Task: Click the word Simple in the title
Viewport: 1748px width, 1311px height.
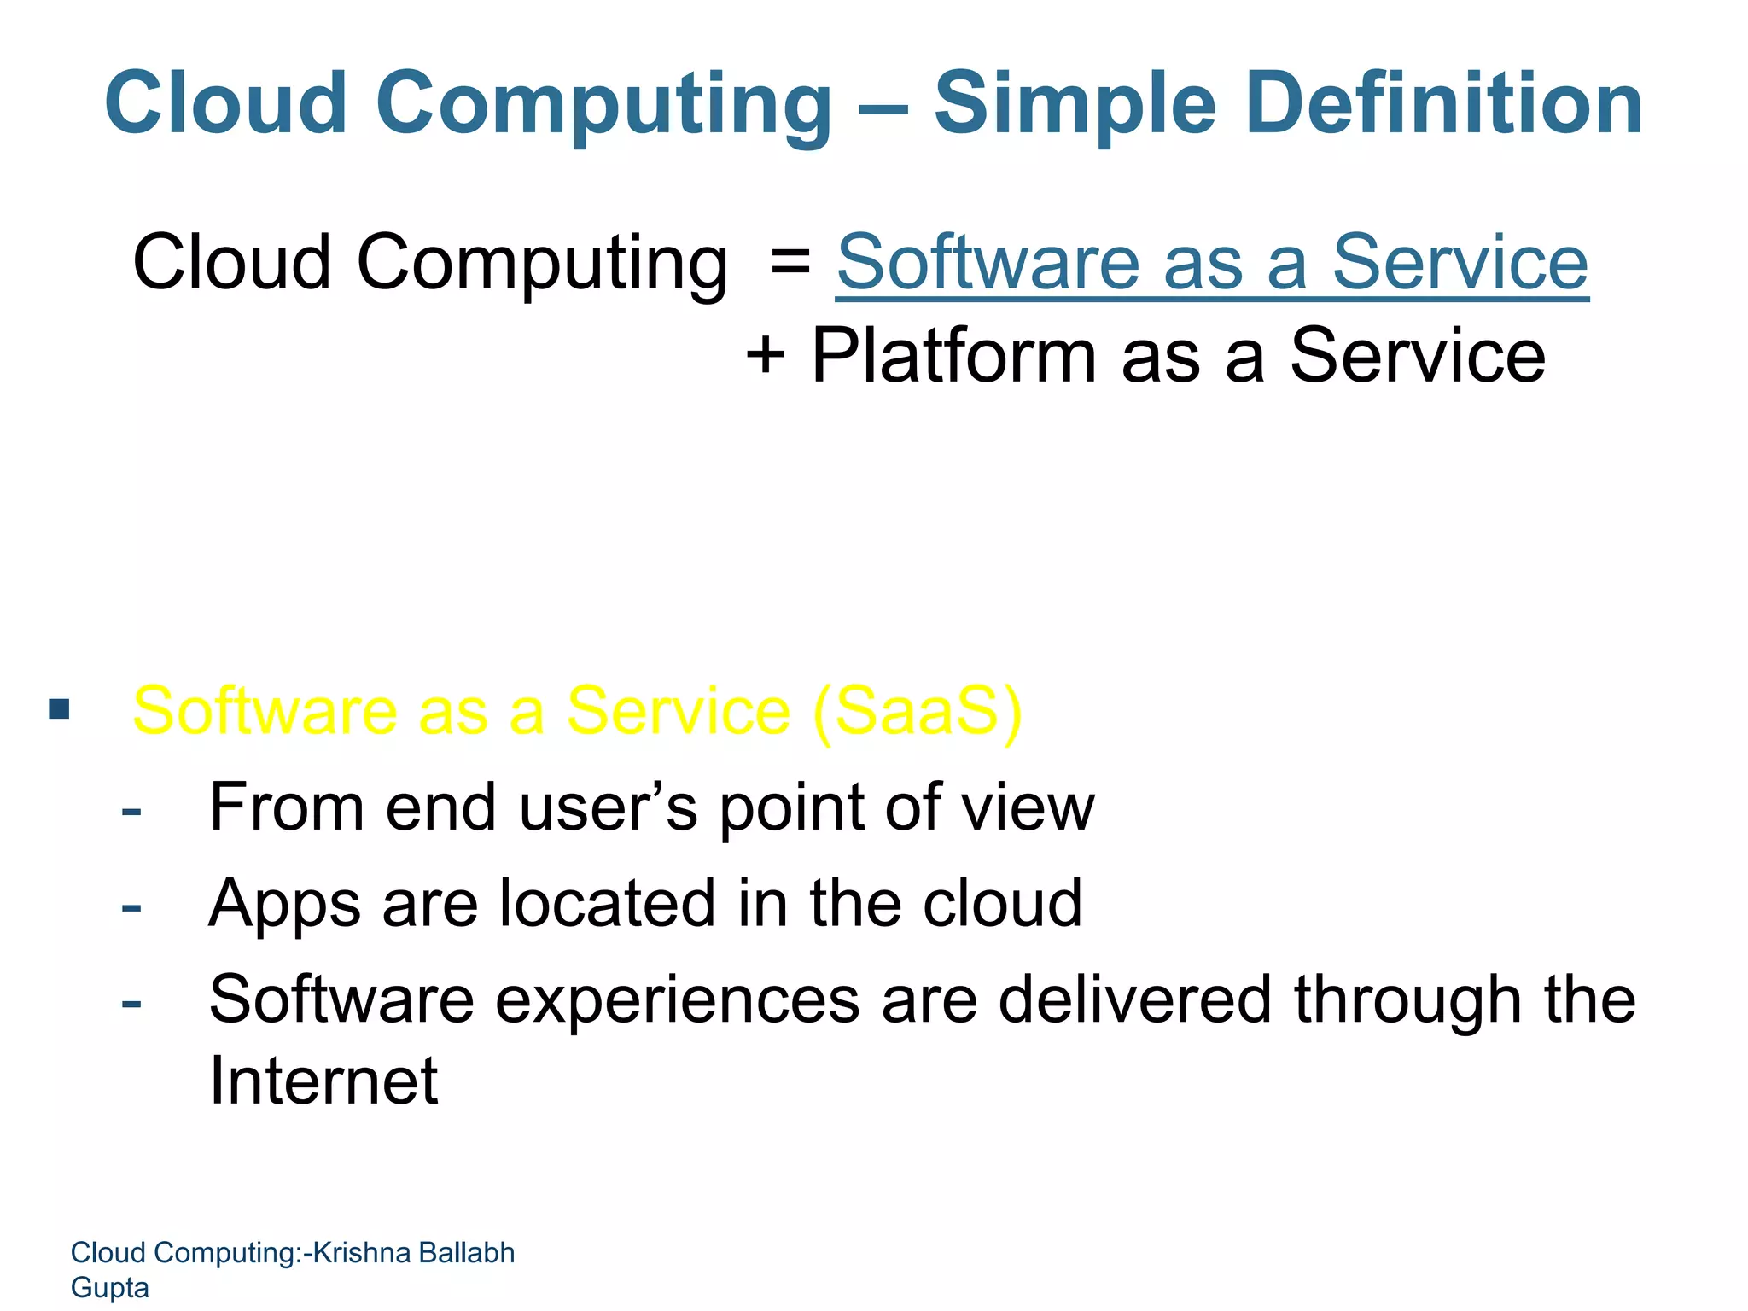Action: (1074, 105)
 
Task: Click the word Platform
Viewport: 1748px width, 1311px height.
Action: (953, 356)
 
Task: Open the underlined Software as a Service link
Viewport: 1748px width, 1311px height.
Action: (1211, 263)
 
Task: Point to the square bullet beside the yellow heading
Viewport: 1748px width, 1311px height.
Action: (59, 709)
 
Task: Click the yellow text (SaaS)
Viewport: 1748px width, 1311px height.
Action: (917, 711)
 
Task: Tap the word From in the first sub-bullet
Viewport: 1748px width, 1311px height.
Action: (288, 807)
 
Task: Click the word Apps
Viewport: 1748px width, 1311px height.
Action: (284, 905)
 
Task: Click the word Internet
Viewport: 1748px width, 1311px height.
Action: (323, 1081)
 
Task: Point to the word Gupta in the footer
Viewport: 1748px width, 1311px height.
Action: (109, 1287)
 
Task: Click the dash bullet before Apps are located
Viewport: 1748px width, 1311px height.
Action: (131, 906)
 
